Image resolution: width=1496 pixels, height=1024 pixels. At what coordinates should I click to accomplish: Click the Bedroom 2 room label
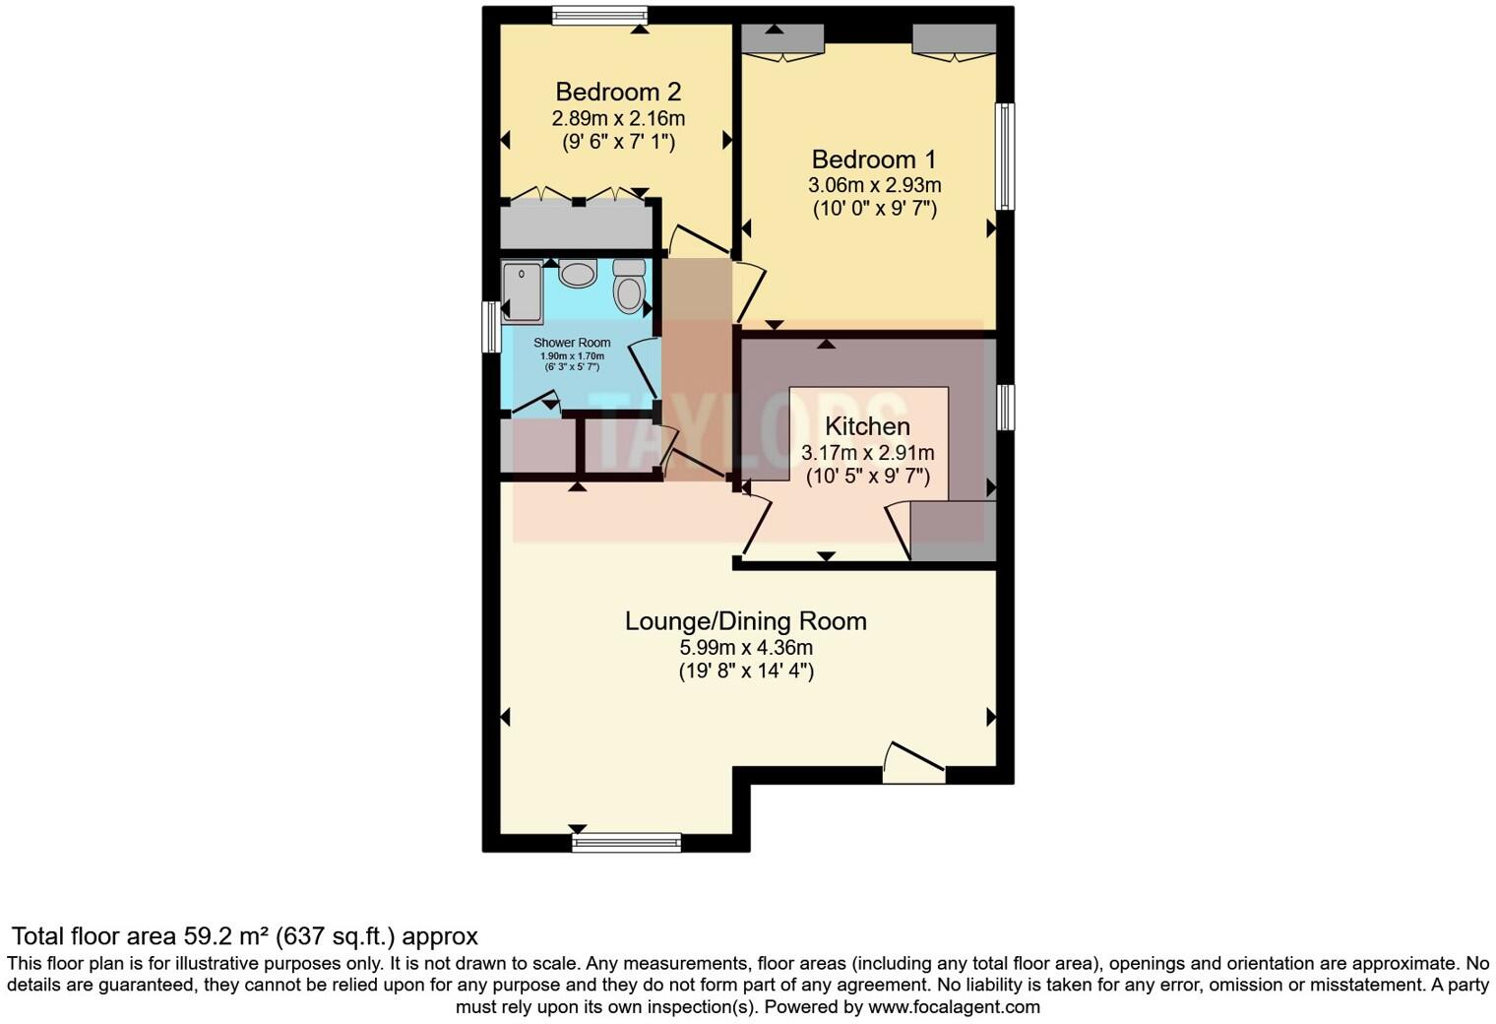click(x=618, y=92)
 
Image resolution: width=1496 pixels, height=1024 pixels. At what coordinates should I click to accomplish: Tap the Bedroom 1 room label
click(x=874, y=159)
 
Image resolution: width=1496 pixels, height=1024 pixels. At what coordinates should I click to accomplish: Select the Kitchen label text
click(x=867, y=426)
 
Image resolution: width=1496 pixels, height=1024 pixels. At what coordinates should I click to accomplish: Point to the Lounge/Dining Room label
click(x=746, y=621)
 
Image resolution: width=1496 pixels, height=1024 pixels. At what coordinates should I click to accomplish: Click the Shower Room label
click(x=572, y=343)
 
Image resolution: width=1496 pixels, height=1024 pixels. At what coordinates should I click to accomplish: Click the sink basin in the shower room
click(x=578, y=272)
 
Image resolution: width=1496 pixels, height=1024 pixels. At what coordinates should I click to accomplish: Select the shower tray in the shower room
click(x=522, y=291)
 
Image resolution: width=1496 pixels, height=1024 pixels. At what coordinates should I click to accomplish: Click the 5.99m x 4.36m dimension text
click(x=746, y=647)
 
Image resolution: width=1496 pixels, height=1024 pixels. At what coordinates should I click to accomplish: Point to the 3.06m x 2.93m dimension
click(x=874, y=184)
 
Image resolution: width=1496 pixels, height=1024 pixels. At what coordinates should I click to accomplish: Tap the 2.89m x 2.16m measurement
click(x=618, y=118)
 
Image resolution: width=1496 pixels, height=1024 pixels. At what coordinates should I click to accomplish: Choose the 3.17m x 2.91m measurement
click(x=867, y=453)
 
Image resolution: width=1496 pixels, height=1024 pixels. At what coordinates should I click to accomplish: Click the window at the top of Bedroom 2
click(x=598, y=14)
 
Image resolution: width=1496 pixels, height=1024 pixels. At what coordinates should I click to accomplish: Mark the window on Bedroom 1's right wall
click(x=1005, y=157)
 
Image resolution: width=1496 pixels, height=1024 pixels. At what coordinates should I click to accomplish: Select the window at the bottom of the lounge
click(x=627, y=842)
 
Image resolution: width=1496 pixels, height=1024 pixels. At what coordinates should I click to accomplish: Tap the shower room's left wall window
click(x=489, y=327)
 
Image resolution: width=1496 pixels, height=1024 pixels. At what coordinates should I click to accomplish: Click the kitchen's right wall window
click(x=1005, y=408)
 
